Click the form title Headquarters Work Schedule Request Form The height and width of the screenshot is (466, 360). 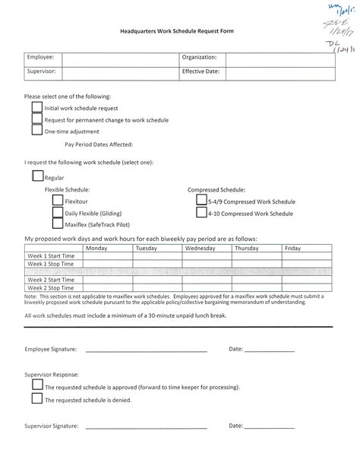(x=179, y=33)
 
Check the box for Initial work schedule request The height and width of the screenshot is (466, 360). (x=37, y=108)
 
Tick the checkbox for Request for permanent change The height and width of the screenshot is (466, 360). (x=37, y=119)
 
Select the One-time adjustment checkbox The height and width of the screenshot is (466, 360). (x=37, y=130)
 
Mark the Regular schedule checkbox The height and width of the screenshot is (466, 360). (x=38, y=176)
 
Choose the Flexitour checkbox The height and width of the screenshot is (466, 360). (x=58, y=201)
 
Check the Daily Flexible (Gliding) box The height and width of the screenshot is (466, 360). (x=58, y=213)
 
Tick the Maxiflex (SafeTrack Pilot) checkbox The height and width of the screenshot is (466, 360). (x=58, y=224)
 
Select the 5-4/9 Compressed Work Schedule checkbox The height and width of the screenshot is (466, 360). (x=201, y=201)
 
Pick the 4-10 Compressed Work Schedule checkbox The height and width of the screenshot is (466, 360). (x=201, y=213)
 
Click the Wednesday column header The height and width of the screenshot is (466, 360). (x=200, y=248)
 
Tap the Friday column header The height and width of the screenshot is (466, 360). (x=292, y=248)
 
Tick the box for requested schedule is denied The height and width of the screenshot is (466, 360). (x=37, y=399)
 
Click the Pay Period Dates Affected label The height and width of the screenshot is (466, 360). (x=99, y=144)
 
